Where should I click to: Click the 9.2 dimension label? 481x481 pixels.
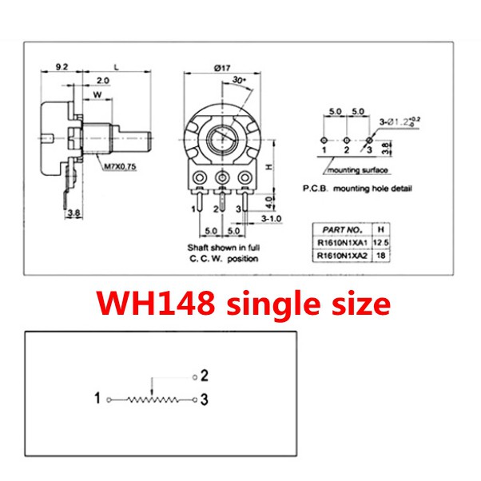coord(62,66)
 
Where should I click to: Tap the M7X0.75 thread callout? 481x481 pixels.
coord(120,167)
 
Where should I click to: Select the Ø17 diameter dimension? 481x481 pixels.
coord(222,67)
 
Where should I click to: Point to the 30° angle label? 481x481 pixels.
coord(239,80)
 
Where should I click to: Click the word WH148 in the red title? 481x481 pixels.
coord(156,303)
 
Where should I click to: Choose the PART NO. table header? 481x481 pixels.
coord(342,230)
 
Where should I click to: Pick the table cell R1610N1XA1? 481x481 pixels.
coord(342,243)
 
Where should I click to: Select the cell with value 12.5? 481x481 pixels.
coord(380,243)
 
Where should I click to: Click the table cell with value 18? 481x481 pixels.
coord(380,255)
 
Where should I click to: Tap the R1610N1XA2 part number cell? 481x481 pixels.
coord(342,255)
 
